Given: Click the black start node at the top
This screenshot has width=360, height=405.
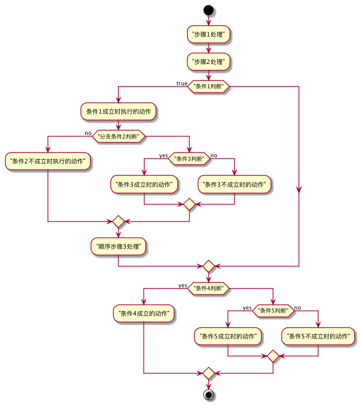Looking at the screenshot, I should point(208,10).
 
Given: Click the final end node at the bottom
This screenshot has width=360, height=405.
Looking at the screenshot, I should point(208,394).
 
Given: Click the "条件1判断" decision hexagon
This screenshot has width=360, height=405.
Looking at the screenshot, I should point(208,86).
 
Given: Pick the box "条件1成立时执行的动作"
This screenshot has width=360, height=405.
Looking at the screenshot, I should point(118,111).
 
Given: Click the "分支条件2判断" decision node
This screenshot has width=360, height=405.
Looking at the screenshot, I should point(118,136).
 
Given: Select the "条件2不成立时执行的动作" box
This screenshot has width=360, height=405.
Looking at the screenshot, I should point(48,161).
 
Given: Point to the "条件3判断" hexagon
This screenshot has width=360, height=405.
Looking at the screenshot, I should point(189,159).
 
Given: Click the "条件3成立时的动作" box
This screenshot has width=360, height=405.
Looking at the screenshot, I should point(145,184).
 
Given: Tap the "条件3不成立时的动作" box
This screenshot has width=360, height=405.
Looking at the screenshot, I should point(234,184).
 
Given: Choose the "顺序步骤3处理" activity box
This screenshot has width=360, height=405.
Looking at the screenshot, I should point(119,247).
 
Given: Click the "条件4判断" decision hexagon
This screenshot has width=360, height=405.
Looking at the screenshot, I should point(208,288).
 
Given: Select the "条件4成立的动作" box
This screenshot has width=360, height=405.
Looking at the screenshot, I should point(143,313).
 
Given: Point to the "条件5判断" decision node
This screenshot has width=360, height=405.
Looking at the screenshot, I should point(273,311).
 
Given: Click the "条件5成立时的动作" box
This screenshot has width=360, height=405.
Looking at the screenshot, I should point(228,335).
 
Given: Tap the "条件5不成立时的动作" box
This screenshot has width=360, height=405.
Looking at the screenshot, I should point(318,335).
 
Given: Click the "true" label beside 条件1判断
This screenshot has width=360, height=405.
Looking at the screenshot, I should point(182,83).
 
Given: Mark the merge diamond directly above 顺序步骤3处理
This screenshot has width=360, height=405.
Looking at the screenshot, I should point(118,222).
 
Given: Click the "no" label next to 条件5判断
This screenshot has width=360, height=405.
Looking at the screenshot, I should point(298,308).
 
